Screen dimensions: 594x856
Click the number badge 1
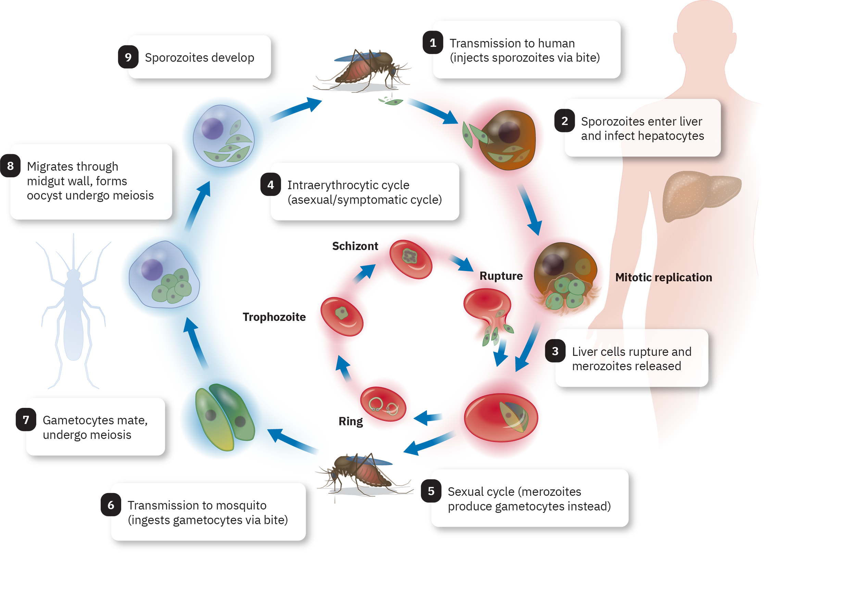click(433, 42)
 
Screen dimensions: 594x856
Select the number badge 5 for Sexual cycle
click(431, 491)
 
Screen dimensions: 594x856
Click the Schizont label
click(355, 246)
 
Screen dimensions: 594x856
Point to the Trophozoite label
click(274, 317)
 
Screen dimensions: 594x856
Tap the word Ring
click(350, 421)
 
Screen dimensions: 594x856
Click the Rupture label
click(501, 276)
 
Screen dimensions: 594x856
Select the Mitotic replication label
click(663, 277)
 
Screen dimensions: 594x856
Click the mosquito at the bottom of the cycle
click(363, 475)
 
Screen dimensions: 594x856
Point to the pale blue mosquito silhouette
click(73, 317)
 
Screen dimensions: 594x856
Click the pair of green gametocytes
click(225, 417)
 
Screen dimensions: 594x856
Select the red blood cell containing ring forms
click(383, 404)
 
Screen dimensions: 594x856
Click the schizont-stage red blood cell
click(410, 259)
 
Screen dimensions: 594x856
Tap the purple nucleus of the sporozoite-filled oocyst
click(212, 128)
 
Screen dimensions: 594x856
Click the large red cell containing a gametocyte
click(501, 417)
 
